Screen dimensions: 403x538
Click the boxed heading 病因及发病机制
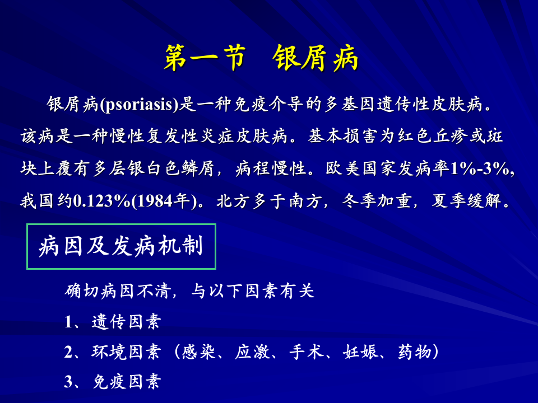tap(121, 246)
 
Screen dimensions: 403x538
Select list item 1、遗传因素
tap(113, 322)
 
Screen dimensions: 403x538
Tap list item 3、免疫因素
tap(113, 382)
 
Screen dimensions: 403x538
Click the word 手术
tap(303, 352)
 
